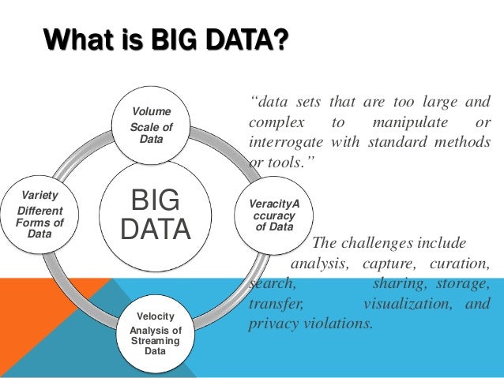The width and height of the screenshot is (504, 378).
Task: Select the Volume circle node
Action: (x=150, y=125)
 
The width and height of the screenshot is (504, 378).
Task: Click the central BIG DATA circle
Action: (x=156, y=214)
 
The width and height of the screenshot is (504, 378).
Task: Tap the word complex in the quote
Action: (x=274, y=124)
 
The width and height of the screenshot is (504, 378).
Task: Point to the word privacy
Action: (x=273, y=324)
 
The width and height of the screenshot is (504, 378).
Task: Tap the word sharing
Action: (x=397, y=283)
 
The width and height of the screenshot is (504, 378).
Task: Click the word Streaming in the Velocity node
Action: (x=155, y=340)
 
